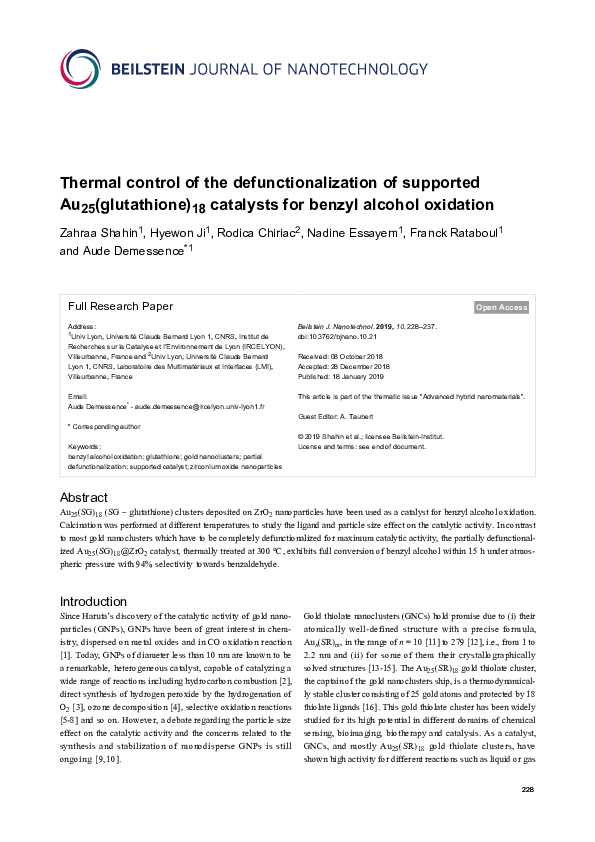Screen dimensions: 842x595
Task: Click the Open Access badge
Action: tap(501, 308)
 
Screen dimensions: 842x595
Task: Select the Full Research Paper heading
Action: tap(120, 307)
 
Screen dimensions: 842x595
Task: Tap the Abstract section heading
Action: tap(84, 497)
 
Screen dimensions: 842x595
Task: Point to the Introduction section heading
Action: tap(94, 601)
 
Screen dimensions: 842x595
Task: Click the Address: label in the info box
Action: tap(81, 327)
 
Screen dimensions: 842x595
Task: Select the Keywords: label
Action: tap(84, 445)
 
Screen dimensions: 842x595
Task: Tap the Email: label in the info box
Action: tap(77, 398)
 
